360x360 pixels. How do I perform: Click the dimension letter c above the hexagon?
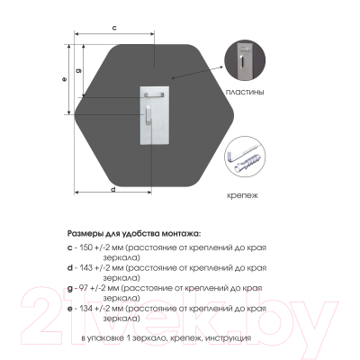(114, 28)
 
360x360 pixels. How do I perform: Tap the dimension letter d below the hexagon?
(113, 189)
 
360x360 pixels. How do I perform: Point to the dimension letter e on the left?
(64, 79)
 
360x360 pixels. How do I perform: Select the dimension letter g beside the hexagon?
(78, 70)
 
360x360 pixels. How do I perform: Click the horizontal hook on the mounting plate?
(154, 95)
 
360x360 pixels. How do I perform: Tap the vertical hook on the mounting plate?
(148, 115)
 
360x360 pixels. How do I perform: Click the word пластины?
(245, 92)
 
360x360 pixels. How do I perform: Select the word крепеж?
(242, 196)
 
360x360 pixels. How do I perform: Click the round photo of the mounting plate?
(245, 60)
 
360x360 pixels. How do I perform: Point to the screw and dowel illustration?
(245, 157)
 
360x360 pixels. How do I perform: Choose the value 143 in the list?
(86, 268)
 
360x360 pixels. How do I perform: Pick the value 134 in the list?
(86, 308)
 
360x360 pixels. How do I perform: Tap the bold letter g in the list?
(70, 289)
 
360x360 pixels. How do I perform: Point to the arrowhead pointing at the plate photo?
(220, 67)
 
